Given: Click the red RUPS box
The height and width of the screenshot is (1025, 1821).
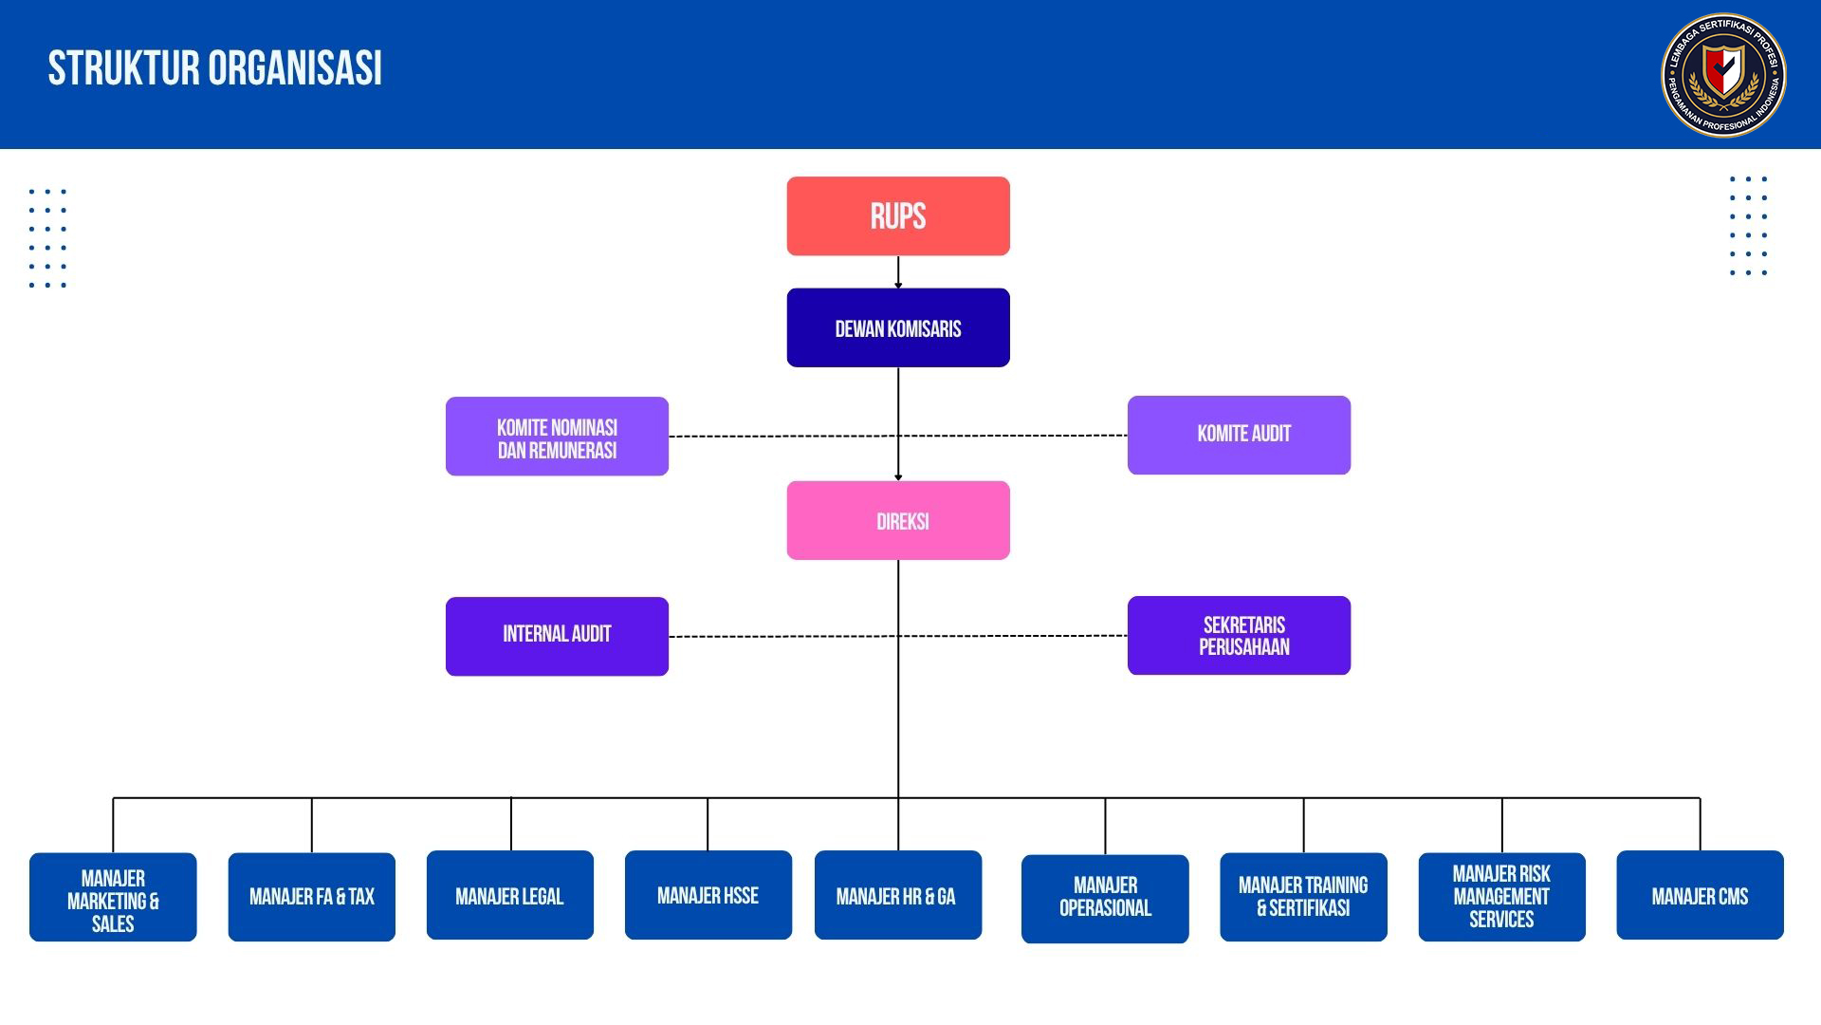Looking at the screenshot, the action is [x=898, y=216].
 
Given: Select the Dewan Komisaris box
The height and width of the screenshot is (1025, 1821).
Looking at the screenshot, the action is [x=898, y=327].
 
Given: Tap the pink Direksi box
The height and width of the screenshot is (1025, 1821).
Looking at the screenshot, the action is [x=898, y=520].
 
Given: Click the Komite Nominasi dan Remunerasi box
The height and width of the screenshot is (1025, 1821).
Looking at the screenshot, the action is [x=557, y=437].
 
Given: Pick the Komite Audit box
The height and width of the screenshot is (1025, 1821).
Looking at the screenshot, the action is [x=1239, y=435].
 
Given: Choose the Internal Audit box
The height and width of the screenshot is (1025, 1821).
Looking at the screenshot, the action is [x=557, y=636].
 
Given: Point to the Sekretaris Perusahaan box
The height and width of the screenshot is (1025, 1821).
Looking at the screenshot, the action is [x=1239, y=635].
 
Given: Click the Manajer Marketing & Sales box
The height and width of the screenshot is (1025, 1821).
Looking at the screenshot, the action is [x=113, y=897].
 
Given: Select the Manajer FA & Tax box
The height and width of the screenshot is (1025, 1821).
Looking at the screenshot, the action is [x=312, y=897].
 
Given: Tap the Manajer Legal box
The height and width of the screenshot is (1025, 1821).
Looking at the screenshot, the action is [x=510, y=895].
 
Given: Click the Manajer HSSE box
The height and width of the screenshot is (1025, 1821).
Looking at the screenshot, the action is [x=708, y=895].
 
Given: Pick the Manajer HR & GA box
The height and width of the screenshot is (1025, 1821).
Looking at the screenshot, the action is [x=898, y=895].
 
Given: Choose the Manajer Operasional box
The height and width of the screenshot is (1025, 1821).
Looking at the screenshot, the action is [x=1105, y=899].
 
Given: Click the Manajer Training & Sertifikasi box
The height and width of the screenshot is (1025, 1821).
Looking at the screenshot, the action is [x=1303, y=897].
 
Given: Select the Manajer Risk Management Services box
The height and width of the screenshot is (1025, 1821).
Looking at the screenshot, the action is [x=1502, y=897].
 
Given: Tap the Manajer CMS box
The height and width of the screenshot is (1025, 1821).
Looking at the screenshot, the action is [x=1701, y=895].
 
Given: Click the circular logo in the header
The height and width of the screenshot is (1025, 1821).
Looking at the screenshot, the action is [x=1723, y=75].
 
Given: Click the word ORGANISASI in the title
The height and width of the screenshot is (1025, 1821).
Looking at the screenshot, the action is [x=295, y=68].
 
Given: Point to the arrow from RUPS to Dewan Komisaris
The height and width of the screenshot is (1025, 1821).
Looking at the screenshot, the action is [x=898, y=272].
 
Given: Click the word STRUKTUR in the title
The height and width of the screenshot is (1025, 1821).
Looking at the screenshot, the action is [x=124, y=68].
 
